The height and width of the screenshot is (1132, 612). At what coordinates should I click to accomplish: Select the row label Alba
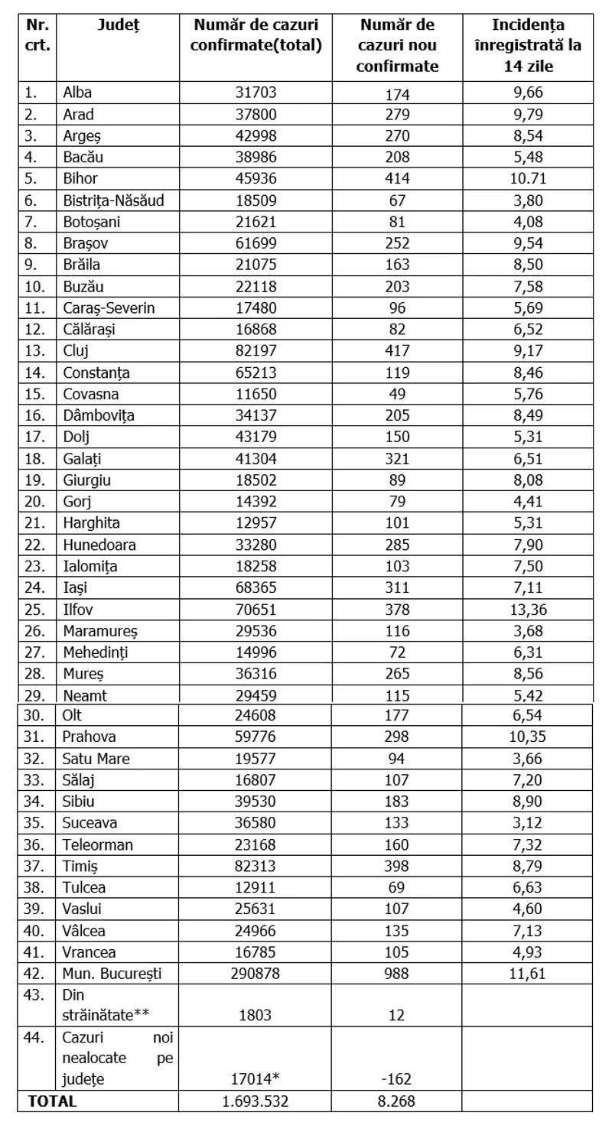pos(77,94)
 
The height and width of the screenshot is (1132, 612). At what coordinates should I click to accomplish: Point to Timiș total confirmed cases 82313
pos(256,866)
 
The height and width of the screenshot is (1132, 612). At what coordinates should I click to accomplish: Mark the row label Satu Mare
pos(96,760)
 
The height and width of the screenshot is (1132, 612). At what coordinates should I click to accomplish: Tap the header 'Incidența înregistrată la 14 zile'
pos(527,45)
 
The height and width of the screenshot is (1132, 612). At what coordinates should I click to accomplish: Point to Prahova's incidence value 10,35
pos(527,738)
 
